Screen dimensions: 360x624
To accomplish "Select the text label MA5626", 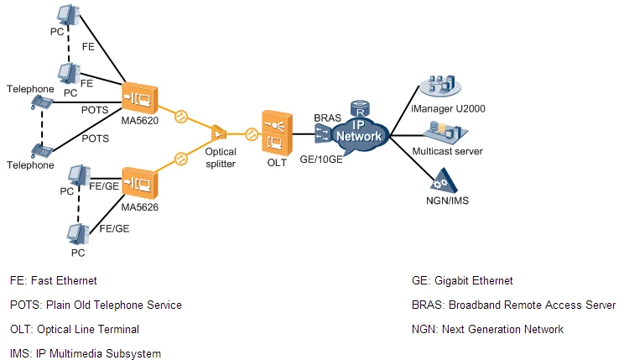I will (140, 206).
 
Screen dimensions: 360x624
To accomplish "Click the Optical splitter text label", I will (221, 158).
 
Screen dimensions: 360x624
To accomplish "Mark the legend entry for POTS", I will (96, 305).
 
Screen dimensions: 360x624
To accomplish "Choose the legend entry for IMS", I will (86, 353).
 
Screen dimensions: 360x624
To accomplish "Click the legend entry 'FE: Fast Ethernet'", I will (54, 280).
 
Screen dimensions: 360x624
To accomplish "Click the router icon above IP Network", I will (361, 109).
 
